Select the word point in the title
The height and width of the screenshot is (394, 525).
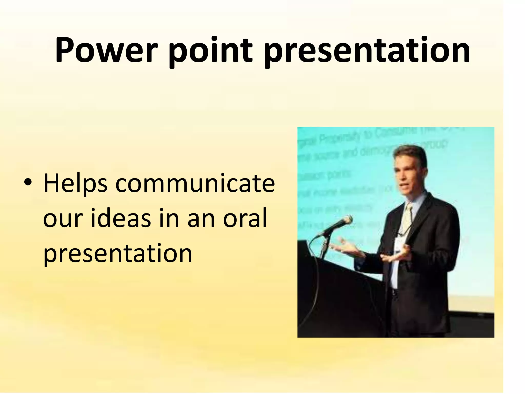coord(210,51)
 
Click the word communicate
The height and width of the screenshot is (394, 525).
coord(195,184)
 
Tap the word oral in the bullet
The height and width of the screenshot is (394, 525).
coord(245,218)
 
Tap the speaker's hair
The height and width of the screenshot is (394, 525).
coord(413,154)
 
